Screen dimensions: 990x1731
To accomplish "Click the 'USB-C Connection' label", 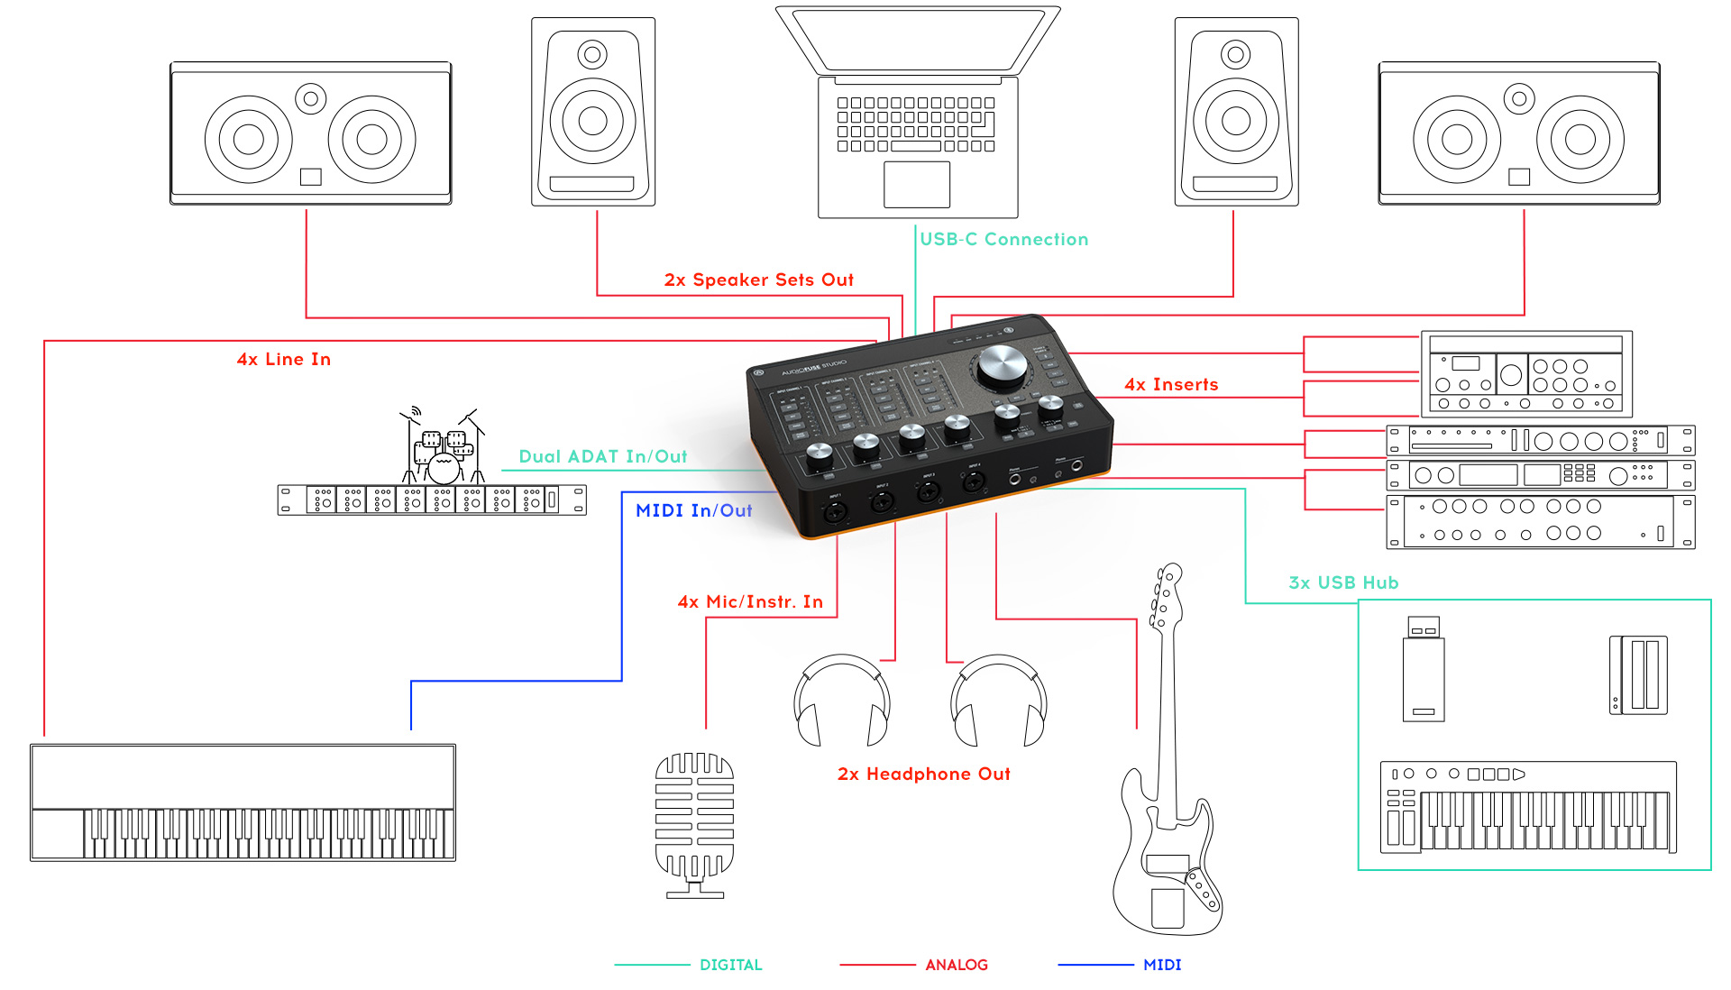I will (x=1003, y=240).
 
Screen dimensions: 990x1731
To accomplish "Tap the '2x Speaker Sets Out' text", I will (x=758, y=280).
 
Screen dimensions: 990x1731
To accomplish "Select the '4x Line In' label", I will (x=283, y=360).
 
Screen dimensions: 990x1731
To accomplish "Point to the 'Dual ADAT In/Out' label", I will (x=602, y=457).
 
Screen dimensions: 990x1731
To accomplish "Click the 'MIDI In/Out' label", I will (x=693, y=511).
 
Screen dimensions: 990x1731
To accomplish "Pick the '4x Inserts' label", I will (x=1171, y=385).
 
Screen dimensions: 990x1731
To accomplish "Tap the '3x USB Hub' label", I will (x=1343, y=583).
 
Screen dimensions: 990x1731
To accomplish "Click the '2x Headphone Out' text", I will (x=923, y=775).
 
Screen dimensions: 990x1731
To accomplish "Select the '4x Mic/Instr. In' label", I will (x=750, y=602).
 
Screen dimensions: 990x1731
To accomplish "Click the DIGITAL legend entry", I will (x=730, y=965).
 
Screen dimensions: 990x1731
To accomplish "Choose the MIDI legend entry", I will (x=1161, y=965).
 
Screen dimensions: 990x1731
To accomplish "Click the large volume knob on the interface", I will (x=1002, y=365).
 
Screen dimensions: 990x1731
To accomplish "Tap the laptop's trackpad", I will (x=916, y=185).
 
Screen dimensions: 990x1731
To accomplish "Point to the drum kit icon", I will (x=444, y=448).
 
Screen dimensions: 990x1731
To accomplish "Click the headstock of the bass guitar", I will (x=1164, y=595).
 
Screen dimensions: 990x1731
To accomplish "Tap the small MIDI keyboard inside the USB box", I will (x=1528, y=808).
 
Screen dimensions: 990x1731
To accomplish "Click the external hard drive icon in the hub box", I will (x=1638, y=674).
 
